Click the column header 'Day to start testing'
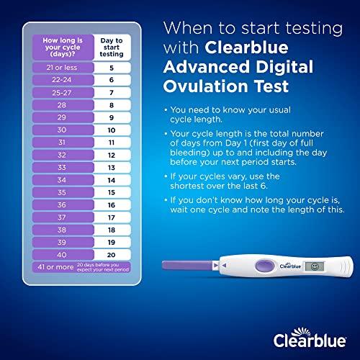[111, 48]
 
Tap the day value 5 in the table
[111, 68]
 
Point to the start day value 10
[111, 130]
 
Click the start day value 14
[111, 179]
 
